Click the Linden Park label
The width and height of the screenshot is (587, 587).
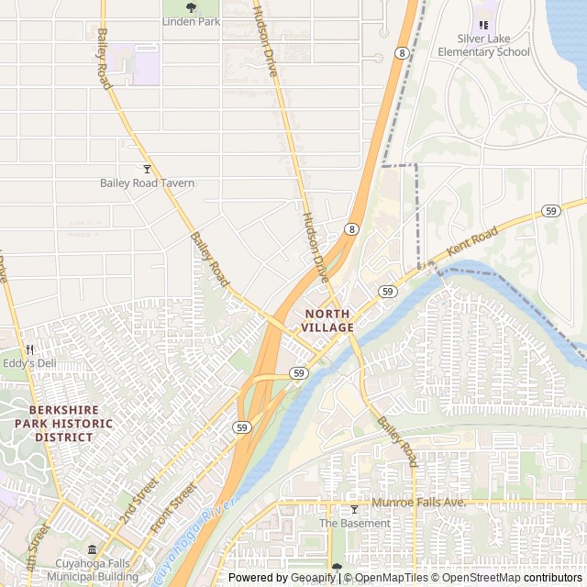(191, 21)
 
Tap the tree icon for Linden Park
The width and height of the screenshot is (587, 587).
(191, 7)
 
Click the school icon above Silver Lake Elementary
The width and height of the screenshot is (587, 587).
(483, 25)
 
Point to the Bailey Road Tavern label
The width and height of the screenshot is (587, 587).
(148, 183)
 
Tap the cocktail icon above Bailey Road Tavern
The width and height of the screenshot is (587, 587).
(147, 169)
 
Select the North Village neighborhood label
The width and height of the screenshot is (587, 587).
(327, 321)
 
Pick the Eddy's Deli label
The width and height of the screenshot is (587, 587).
(29, 363)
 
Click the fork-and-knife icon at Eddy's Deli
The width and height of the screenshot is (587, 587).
(29, 349)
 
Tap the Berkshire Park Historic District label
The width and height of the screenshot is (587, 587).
(64, 424)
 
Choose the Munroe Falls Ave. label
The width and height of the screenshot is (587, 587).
(419, 504)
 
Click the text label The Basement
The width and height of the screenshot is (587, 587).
(354, 524)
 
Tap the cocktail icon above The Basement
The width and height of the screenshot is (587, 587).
(354, 510)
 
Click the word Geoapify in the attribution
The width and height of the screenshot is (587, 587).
(312, 578)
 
